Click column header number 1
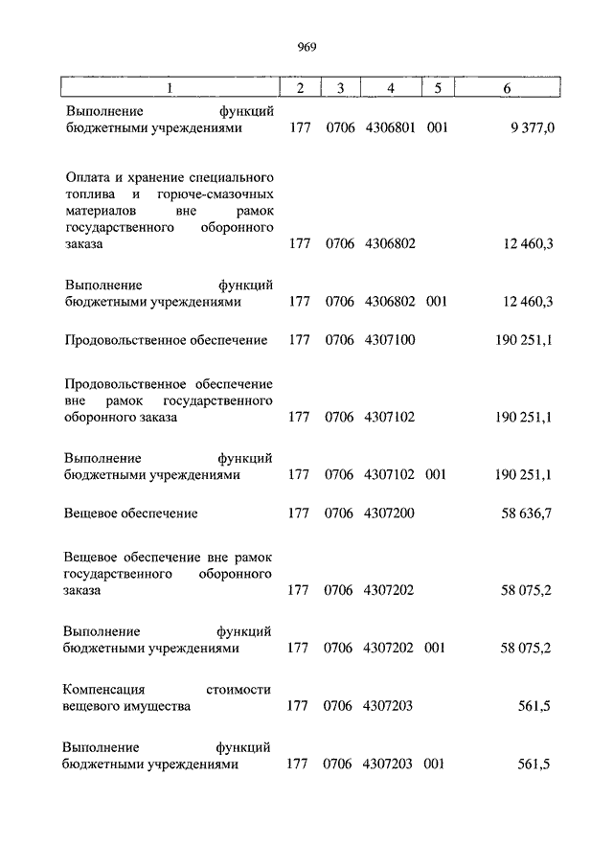tap(170, 88)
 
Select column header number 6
tap(507, 88)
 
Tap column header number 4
tap(390, 88)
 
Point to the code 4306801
tap(390, 127)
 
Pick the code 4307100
tap(390, 340)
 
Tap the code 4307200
tap(390, 513)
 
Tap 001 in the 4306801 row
tap(437, 127)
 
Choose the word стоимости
tap(239, 690)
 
